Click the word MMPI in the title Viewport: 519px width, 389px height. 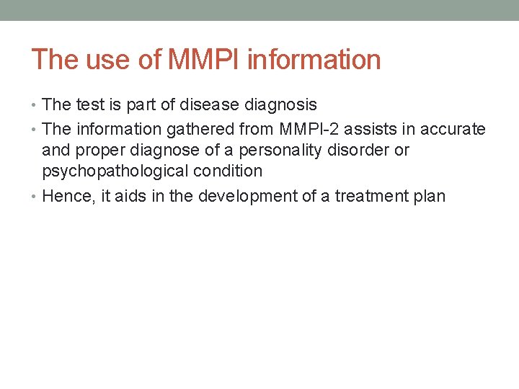click(205, 60)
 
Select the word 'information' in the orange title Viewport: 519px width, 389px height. click(314, 60)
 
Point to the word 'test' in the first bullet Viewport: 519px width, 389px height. click(89, 105)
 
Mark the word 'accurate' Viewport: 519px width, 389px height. click(453, 129)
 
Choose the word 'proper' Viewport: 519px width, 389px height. click(94, 151)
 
